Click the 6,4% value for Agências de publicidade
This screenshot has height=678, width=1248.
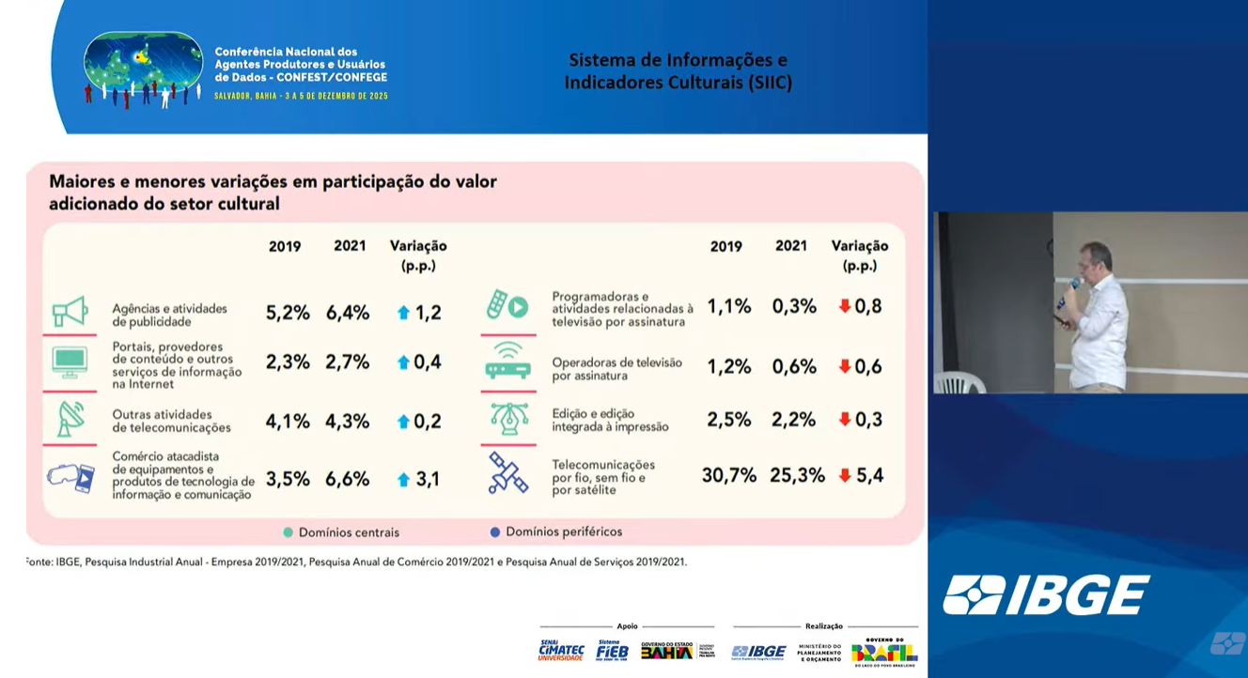348,313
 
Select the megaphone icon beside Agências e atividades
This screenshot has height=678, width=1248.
70,312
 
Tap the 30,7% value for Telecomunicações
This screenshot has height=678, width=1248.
728,475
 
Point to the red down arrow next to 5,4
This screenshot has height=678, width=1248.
845,475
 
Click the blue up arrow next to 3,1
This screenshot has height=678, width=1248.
403,480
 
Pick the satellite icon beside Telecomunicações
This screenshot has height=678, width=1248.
508,473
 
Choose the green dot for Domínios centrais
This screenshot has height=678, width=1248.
289,532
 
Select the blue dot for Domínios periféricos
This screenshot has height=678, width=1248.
495,532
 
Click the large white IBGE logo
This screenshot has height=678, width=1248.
1046,595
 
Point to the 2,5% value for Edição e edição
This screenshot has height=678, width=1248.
728,420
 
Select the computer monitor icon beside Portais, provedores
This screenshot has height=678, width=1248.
70,362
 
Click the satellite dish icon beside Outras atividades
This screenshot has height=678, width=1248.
70,419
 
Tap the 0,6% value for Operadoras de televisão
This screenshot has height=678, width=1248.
794,366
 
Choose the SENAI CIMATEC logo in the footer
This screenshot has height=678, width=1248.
561,651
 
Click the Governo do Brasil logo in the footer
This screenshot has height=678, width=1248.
884,651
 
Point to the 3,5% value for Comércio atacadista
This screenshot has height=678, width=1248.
288,479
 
